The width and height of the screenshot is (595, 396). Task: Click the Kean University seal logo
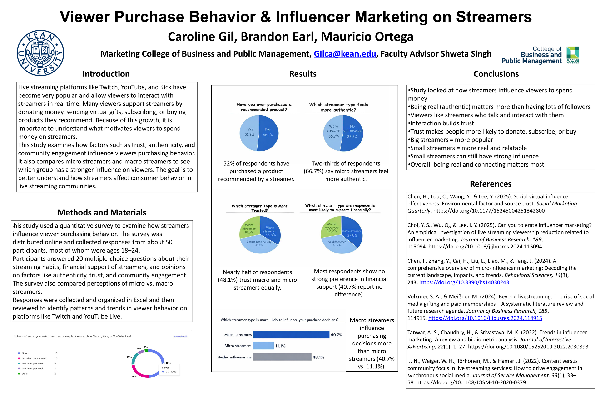40,53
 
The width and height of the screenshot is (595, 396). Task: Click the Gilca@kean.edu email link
345,54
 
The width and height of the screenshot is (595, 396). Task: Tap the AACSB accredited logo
573,55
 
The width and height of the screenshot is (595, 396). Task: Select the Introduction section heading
106,74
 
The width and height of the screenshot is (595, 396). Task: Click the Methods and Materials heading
102,212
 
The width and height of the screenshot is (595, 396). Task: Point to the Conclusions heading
496,74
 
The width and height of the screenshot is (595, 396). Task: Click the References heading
491,184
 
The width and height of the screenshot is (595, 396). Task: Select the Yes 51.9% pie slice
249,133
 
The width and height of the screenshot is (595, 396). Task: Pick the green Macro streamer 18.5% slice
249,227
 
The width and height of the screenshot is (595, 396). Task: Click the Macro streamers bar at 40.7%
291,335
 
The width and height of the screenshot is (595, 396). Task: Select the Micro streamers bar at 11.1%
263,346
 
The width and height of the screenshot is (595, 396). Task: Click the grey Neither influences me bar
282,357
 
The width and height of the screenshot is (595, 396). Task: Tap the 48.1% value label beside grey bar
318,357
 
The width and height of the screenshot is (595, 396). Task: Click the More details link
181,336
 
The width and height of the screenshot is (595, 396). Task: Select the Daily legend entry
25,373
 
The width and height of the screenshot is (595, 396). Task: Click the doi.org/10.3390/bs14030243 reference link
464,282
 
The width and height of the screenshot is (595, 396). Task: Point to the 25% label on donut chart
134,376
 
